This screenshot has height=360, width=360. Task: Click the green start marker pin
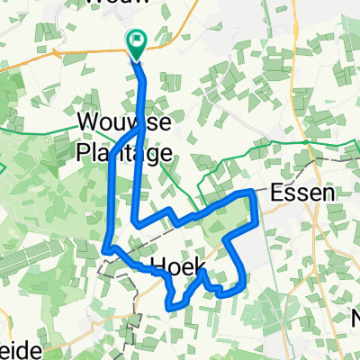click(x=138, y=43)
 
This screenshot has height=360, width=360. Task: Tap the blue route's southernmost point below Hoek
click(x=171, y=306)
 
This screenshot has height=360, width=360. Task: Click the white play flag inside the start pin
click(x=138, y=39)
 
